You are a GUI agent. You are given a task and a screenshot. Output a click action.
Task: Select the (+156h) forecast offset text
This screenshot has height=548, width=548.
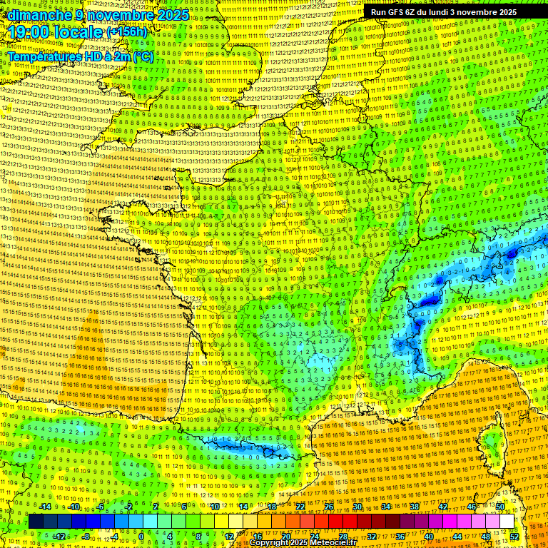coord(127,32)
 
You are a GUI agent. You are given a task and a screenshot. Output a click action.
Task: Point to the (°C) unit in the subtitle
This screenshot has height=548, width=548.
coord(143,56)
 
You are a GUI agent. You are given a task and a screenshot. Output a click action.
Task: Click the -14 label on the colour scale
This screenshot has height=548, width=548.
coord(45,507)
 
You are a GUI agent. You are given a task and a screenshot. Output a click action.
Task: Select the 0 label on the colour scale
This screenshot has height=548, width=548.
coord(141,537)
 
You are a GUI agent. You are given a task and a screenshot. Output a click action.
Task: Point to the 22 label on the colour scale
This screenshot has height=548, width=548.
coord(300,507)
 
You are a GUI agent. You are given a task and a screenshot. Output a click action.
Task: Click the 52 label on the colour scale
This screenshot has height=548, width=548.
coord(514,537)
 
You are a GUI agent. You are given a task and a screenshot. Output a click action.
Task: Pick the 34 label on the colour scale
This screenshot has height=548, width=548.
coord(385,507)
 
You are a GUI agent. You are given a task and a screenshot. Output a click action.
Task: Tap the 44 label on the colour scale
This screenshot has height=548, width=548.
coord(457,537)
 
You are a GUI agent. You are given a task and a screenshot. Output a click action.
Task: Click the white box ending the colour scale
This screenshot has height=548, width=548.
coord(507,522)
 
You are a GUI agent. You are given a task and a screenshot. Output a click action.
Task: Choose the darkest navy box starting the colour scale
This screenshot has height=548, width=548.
coord(36,522)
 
